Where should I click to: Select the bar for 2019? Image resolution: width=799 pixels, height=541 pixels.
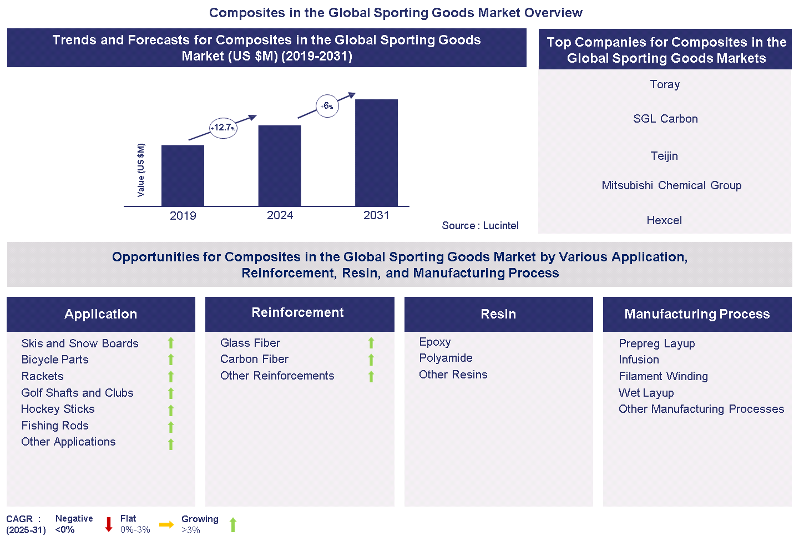point(183,175)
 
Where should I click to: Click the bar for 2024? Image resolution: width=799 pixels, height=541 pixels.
point(280,165)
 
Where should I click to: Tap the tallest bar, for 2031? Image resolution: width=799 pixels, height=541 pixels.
point(376,153)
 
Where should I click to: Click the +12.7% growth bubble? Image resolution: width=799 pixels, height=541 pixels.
point(223,128)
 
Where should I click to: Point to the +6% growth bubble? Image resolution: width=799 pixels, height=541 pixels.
point(327,106)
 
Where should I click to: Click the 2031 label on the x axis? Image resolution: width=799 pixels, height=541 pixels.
point(376,215)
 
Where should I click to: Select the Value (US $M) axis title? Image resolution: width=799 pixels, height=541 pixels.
point(141,170)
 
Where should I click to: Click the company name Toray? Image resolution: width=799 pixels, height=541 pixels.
point(665,84)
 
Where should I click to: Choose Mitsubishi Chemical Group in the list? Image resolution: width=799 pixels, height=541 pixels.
point(671,185)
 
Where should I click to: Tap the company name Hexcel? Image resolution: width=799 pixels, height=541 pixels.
point(664,220)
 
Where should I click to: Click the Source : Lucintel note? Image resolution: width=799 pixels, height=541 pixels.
point(480,225)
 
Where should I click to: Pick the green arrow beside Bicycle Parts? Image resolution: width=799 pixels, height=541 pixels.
point(171,360)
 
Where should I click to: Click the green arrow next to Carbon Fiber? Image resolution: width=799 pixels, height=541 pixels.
point(371,360)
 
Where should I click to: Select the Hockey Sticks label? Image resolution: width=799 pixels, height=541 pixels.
point(58,409)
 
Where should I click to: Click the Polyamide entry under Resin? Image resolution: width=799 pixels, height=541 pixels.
point(446,358)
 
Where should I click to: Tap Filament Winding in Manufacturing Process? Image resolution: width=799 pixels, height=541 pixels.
point(663,376)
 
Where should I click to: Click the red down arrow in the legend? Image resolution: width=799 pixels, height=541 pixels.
point(109,524)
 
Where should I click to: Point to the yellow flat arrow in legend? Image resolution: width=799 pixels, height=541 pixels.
point(166,524)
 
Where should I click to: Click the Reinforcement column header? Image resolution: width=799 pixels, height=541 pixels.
point(298,313)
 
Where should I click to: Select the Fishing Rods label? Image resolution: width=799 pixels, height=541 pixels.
point(55,426)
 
